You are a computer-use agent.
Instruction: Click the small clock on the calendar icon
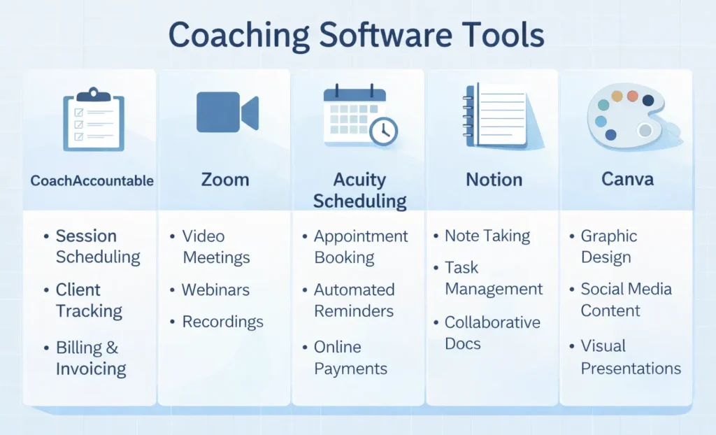pos(383,131)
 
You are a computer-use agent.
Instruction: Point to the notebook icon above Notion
pos(496,115)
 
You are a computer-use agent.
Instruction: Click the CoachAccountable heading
pos(92,180)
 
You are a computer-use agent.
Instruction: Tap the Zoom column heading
pos(225,180)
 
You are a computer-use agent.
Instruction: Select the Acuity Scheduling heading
pos(359,190)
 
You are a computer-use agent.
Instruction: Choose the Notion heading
pos(494,180)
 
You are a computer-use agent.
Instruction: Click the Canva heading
pos(627,180)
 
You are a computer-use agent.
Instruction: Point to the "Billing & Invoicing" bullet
pos(91,358)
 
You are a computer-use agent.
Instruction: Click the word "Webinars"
pos(215,290)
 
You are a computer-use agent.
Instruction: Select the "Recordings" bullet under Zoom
pos(222,322)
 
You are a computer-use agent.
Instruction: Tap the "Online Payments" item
pos(350,358)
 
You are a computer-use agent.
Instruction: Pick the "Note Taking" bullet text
pos(487,236)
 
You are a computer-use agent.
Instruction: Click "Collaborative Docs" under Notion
pos(492,333)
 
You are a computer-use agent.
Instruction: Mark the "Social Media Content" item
pos(626,299)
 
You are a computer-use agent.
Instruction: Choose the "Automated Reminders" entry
pos(354,300)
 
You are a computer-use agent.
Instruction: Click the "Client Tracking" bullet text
pos(89,300)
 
